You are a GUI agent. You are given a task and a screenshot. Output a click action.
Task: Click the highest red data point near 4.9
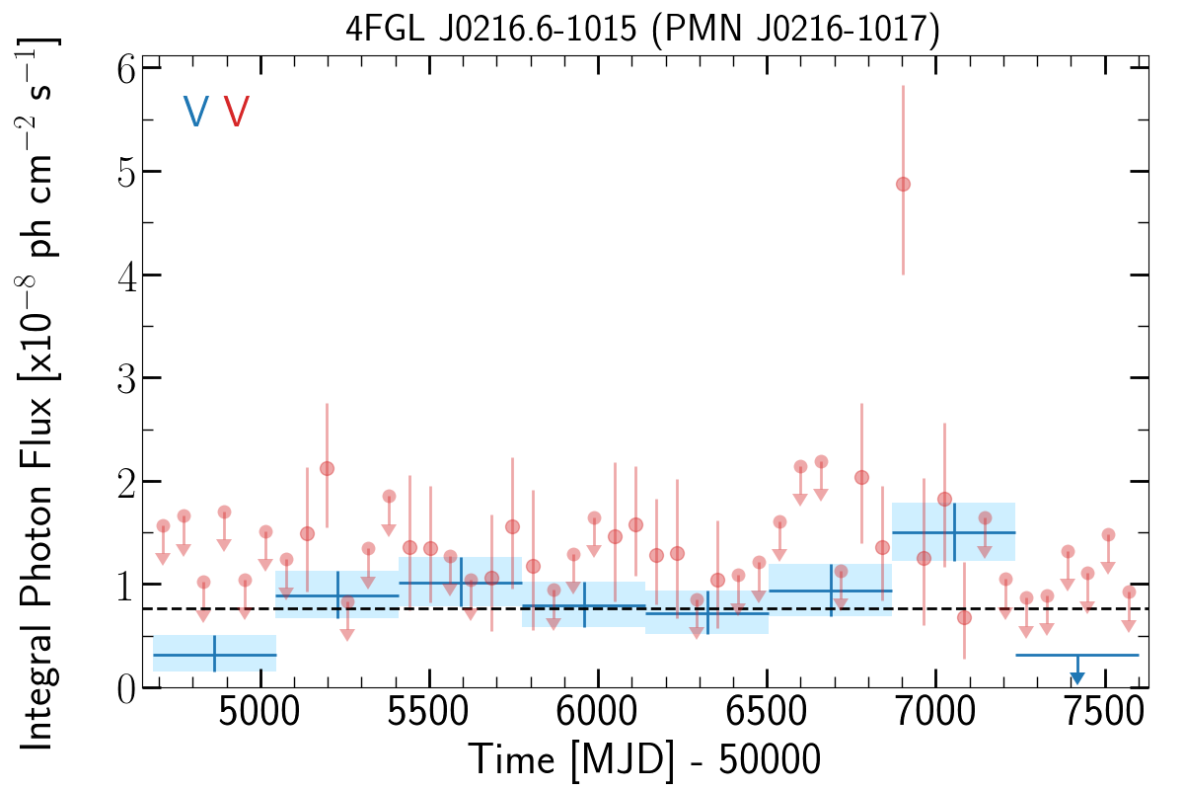click(903, 185)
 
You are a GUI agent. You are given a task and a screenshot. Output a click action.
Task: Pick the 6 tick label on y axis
click(122, 68)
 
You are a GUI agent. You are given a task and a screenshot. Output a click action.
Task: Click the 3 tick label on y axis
click(122, 378)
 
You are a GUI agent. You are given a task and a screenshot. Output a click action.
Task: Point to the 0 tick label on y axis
click(122, 688)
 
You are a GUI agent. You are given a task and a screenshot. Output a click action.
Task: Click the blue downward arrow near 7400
click(1077, 677)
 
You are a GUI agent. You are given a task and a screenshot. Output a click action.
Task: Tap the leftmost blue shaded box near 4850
click(215, 654)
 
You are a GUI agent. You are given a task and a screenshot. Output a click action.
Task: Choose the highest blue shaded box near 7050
click(953, 532)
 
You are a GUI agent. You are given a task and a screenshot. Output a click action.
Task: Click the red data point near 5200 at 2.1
click(327, 468)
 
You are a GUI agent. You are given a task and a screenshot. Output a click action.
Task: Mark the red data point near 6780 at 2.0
click(861, 477)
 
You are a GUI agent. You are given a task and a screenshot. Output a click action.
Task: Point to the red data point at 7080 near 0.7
click(964, 618)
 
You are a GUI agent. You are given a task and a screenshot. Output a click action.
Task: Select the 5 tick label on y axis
click(122, 172)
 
